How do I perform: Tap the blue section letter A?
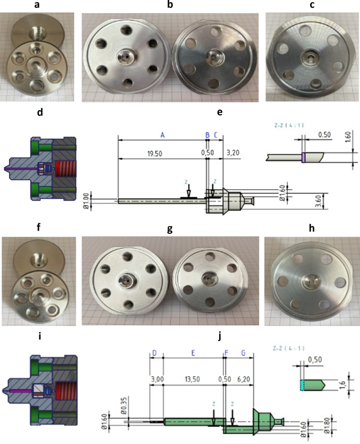[162, 135]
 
